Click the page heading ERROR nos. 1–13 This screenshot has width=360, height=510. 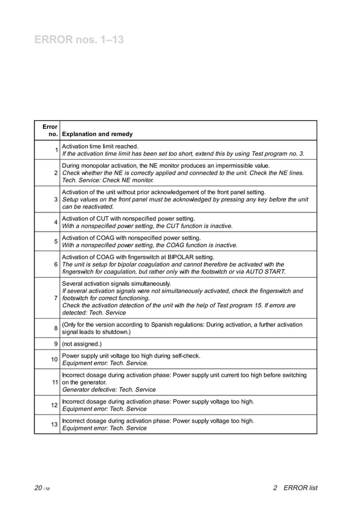[79, 40]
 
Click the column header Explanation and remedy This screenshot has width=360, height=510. [97, 134]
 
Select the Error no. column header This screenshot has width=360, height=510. [50, 130]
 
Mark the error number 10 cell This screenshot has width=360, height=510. [54, 360]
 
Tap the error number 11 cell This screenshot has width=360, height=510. [54, 382]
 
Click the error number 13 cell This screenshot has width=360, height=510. [54, 424]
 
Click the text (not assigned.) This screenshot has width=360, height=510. [82, 343]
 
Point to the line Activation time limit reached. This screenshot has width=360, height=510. [100, 146]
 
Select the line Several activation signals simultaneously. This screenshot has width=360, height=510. [116, 284]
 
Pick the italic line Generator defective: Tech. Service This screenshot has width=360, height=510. [109, 390]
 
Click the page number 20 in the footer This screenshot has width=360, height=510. [38, 488]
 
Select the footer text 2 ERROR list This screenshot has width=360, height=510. [295, 488]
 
